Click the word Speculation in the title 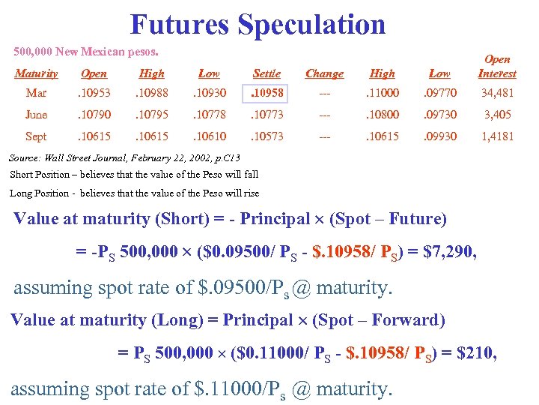311,24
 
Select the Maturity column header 36,73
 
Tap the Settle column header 267,73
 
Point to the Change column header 324,73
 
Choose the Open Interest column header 497,66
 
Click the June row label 36,115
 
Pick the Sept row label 36,136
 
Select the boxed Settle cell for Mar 267,94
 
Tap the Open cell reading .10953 94,94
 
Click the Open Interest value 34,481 497,94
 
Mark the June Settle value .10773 267,115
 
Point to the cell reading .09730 439,115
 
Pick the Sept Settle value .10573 267,136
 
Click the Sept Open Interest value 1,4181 497,136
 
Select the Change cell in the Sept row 324,136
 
